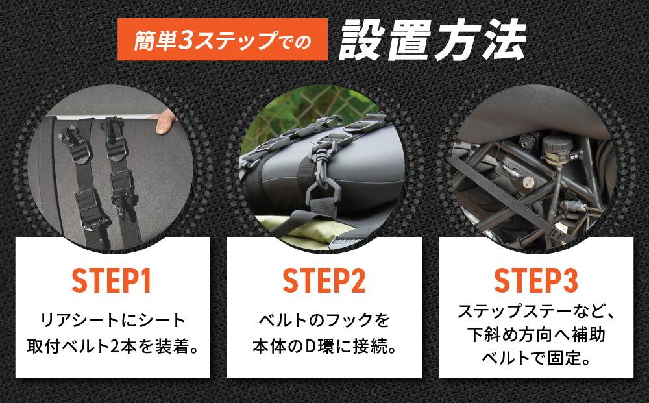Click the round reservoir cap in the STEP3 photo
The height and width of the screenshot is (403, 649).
point(553,143)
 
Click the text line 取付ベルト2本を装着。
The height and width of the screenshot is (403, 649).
point(112,345)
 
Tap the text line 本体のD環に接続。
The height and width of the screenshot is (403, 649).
point(324,345)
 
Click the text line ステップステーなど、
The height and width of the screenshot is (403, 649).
point(535,311)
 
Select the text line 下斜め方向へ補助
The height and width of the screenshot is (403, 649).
point(535,334)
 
